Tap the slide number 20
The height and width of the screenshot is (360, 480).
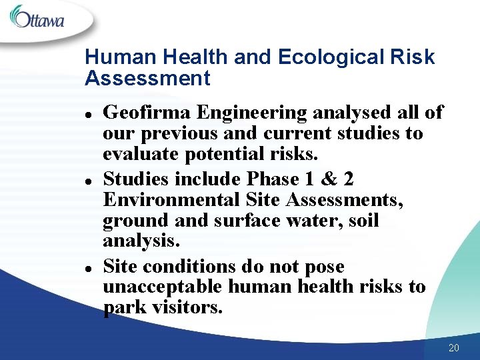(454, 347)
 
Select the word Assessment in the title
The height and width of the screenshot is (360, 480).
(147, 79)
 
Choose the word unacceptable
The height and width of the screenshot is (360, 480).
(163, 287)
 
